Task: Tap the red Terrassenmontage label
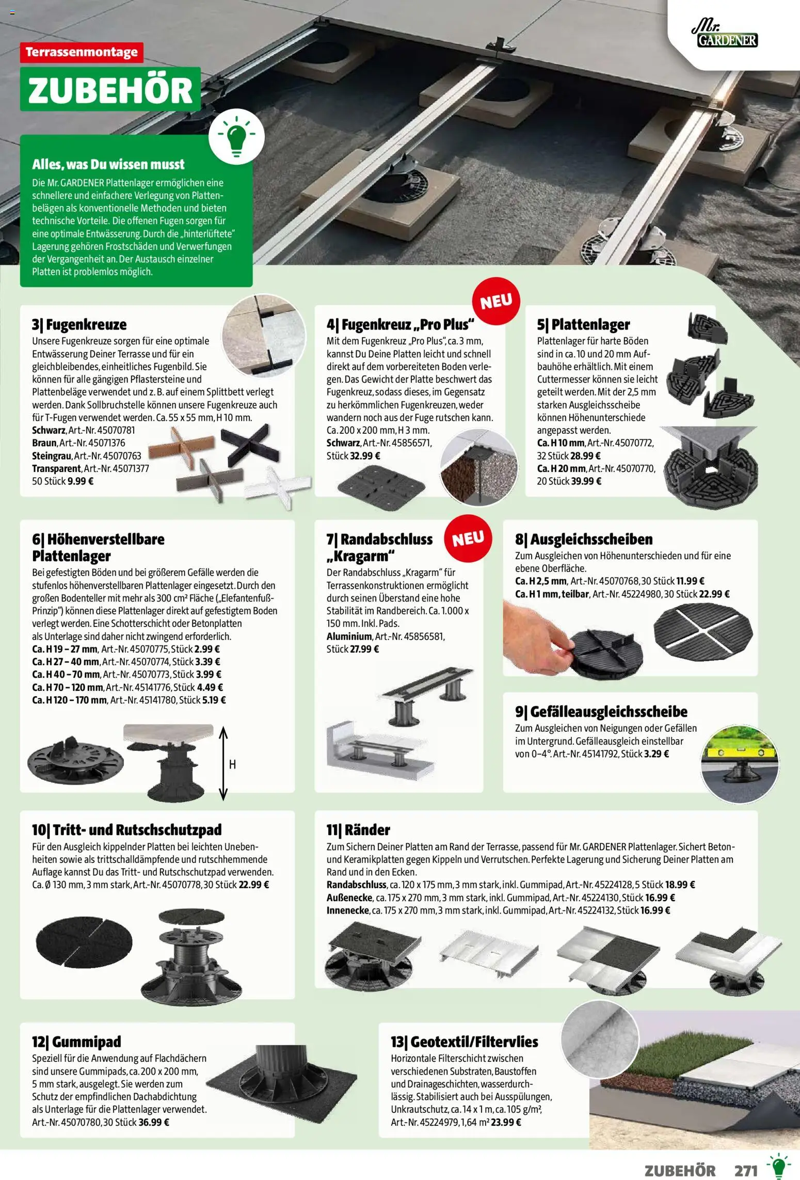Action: coord(82,52)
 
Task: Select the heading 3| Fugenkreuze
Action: coord(79,324)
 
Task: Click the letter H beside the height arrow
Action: coord(232,765)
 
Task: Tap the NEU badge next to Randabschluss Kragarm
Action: coord(469,538)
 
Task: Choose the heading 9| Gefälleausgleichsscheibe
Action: coord(601,712)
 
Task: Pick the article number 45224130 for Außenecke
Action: coord(600,898)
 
